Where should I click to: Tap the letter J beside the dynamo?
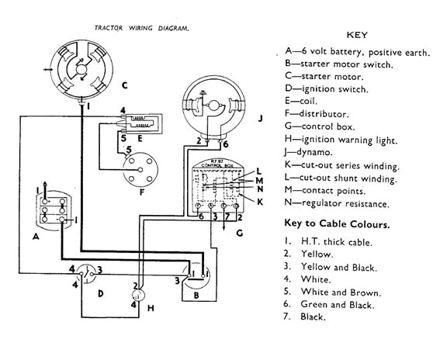[x=262, y=117]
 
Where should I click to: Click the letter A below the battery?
[x=36, y=239]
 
